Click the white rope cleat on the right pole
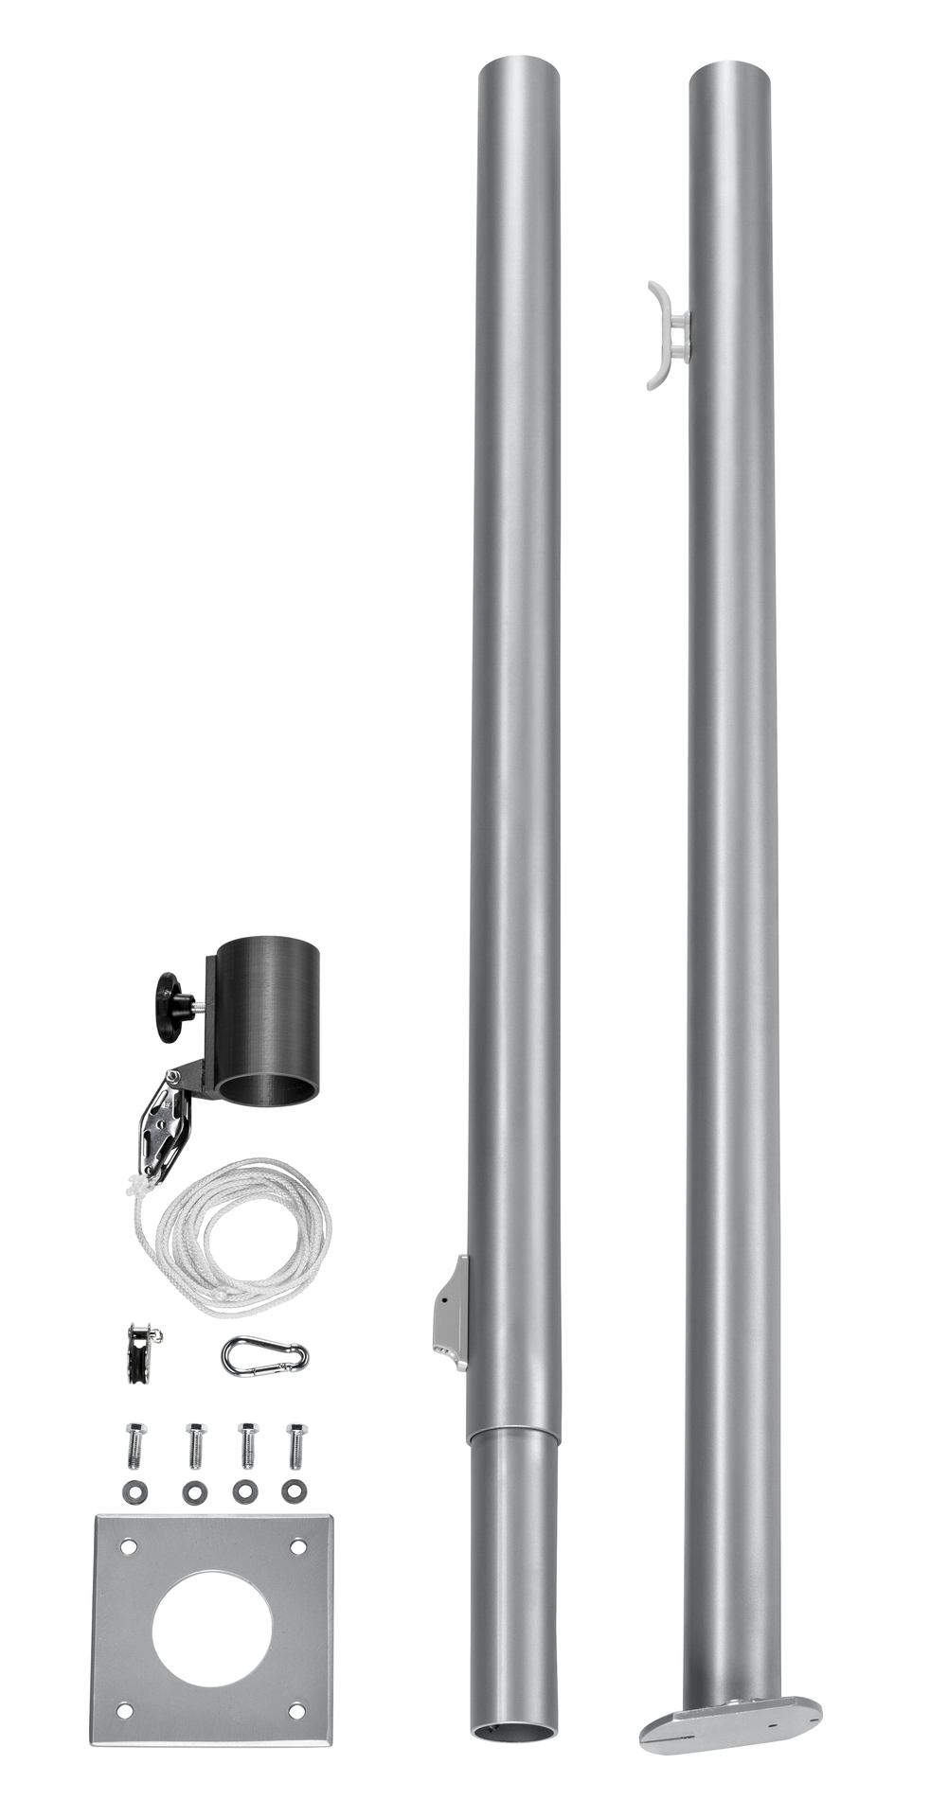667,336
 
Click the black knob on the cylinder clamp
172,1007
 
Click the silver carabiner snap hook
264,1356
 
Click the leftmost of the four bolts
134,1444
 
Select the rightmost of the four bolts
295,1444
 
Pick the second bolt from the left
195,1444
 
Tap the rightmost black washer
295,1491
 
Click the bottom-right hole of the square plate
296,1711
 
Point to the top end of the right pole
729,74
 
